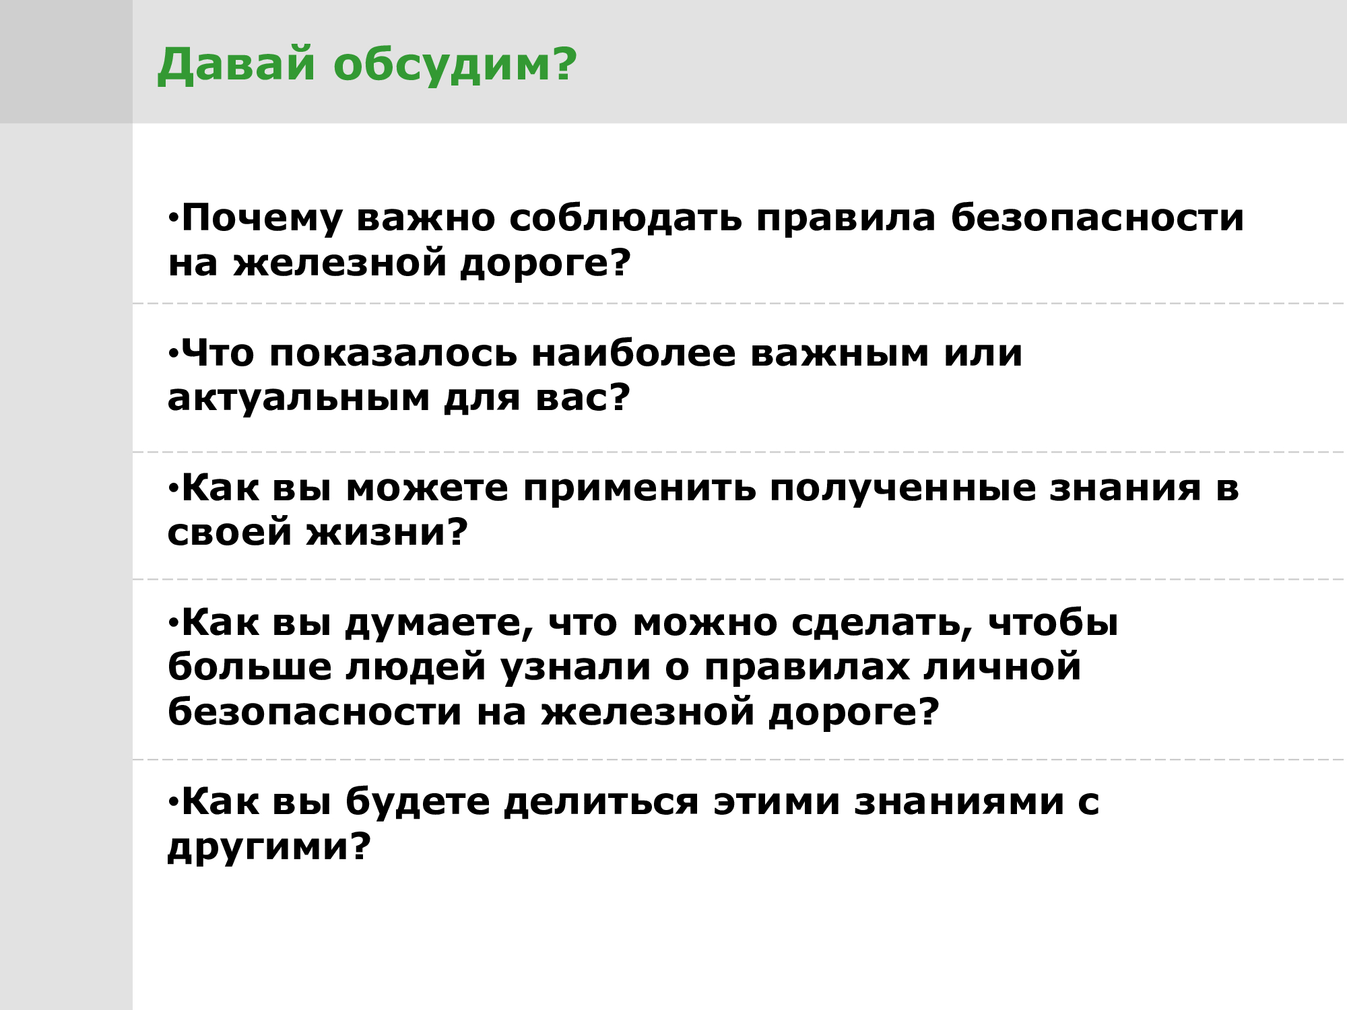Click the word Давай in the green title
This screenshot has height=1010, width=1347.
point(236,65)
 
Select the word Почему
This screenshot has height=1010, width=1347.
point(262,219)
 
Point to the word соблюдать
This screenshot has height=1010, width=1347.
point(626,219)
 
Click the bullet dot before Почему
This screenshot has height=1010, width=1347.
point(174,217)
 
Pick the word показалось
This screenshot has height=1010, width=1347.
point(393,353)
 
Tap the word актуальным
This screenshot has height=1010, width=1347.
point(299,399)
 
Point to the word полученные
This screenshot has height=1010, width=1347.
point(903,489)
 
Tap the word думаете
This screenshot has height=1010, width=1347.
point(439,624)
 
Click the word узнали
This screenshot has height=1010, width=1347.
point(577,668)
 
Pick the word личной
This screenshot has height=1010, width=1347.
point(1002,667)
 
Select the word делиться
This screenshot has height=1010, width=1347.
point(601,802)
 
